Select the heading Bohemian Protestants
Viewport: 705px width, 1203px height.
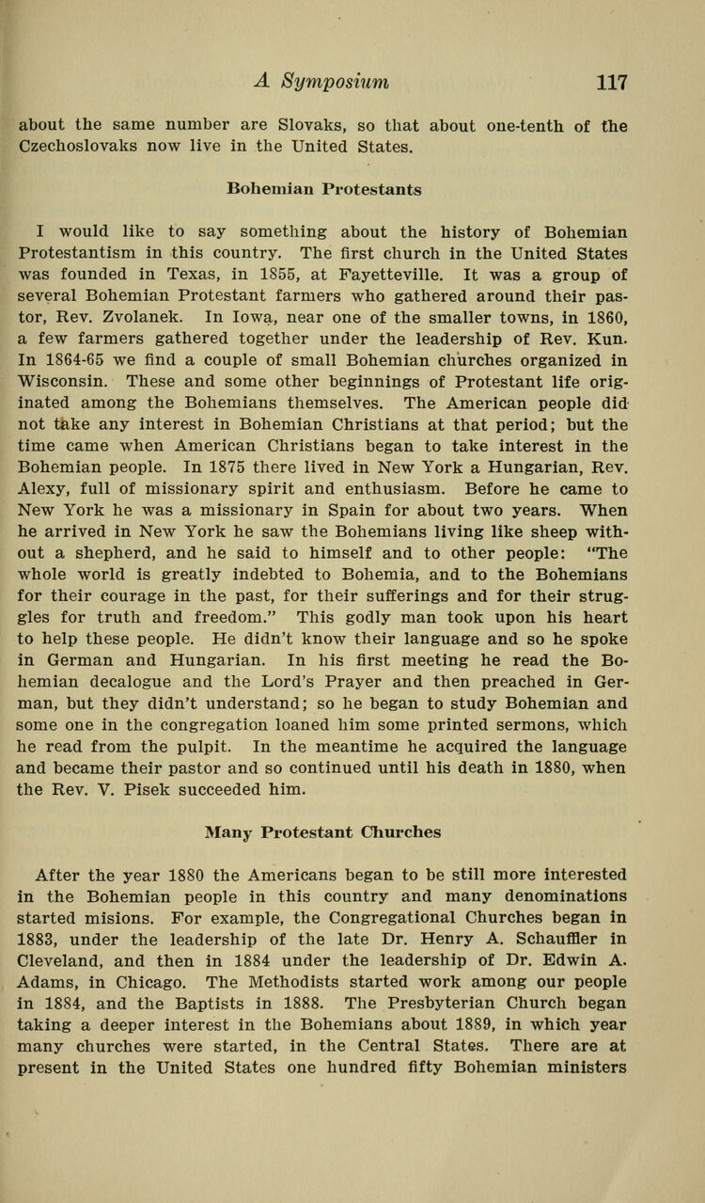324,188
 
